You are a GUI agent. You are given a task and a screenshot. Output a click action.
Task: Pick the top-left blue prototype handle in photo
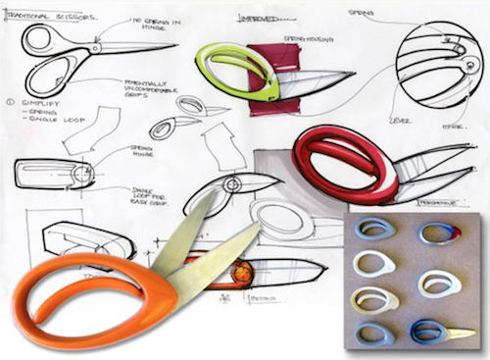pyautogui.click(x=374, y=231)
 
